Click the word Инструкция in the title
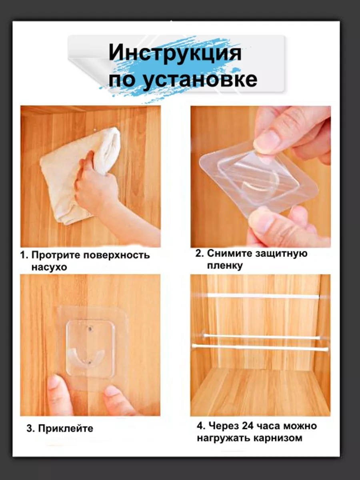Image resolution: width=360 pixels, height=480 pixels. pos(175,53)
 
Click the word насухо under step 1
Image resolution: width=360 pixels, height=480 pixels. pos(49,267)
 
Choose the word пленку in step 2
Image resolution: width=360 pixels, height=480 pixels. pos(225,266)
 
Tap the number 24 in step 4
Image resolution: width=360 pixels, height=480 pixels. pos(249,426)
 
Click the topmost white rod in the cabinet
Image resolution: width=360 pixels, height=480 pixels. pos(263,296)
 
